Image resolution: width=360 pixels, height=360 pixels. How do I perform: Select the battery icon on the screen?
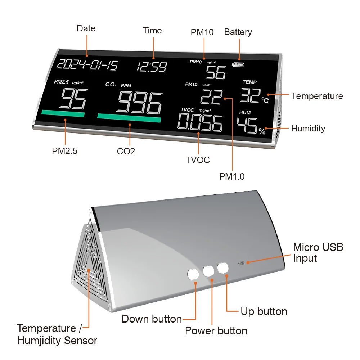tap(238, 65)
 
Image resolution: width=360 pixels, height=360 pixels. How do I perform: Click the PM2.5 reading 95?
tap(73, 99)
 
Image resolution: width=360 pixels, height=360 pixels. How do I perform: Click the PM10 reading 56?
tap(216, 72)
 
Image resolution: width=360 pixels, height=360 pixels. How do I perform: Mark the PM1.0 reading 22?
tap(211, 96)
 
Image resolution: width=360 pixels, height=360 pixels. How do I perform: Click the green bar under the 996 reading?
tap(129, 118)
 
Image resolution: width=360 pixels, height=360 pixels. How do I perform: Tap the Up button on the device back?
tap(223, 267)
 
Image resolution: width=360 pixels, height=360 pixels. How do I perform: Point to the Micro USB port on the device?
tap(240, 263)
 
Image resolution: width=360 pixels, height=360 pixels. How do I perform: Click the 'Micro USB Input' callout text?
tap(318, 253)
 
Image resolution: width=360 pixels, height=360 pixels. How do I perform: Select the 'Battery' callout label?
tap(238, 32)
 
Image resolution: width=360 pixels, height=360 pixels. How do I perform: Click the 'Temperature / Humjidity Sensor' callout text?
tap(57, 334)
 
